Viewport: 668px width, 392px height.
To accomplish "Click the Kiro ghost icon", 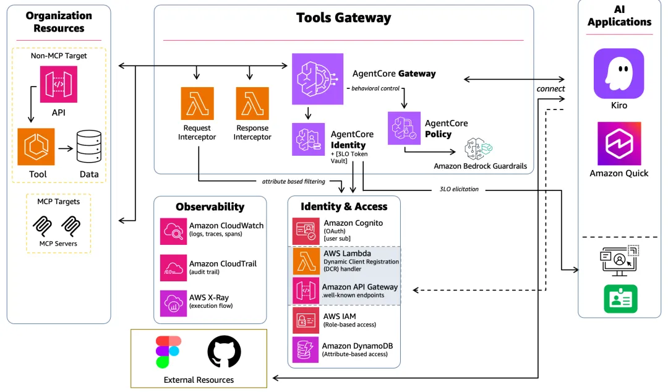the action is pyautogui.click(x=619, y=74).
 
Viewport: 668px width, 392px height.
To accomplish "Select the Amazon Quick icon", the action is pyautogui.click(x=619, y=143).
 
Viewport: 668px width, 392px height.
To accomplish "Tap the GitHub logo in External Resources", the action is pyautogui.click(x=224, y=352).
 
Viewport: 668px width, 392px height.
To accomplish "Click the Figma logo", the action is pyautogui.click(x=168, y=352).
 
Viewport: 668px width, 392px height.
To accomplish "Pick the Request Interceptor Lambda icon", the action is pyautogui.click(x=197, y=103).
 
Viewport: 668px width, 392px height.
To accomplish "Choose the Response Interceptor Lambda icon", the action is pyautogui.click(x=252, y=103).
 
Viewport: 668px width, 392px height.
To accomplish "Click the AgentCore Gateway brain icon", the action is pyautogui.click(x=317, y=79).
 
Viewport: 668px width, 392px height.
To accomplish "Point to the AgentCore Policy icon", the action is pyautogui.click(x=404, y=128).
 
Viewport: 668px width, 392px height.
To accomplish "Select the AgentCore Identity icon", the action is pyautogui.click(x=308, y=139).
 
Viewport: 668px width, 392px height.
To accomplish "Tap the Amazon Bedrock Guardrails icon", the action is pyautogui.click(x=478, y=149).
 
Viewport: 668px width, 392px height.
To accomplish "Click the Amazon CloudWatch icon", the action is pyautogui.click(x=173, y=231).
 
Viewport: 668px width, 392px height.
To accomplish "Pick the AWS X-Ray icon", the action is pyautogui.click(x=173, y=304).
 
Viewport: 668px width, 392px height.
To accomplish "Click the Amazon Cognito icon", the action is pyautogui.click(x=306, y=231).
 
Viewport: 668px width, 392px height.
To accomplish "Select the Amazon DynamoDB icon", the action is pyautogui.click(x=306, y=350).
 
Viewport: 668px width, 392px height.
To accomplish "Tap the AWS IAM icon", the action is pyautogui.click(x=306, y=320).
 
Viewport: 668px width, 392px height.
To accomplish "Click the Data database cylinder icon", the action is pyautogui.click(x=88, y=147).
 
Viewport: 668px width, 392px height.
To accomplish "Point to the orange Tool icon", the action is pyautogui.click(x=36, y=147).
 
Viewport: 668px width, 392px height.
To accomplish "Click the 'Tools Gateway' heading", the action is pyautogui.click(x=343, y=18).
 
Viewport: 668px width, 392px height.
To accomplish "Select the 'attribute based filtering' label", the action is pyautogui.click(x=294, y=182).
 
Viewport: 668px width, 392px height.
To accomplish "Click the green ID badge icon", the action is pyautogui.click(x=620, y=299).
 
